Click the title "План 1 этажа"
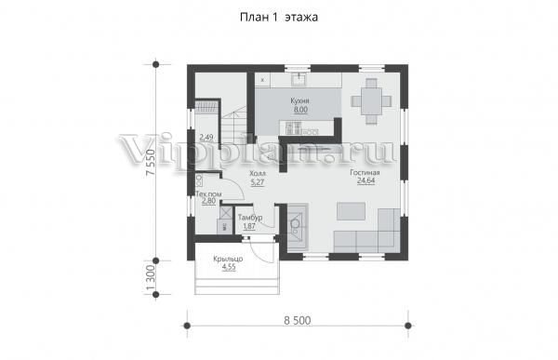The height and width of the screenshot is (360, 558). pos(279,17)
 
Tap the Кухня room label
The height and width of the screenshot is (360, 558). pos(299,101)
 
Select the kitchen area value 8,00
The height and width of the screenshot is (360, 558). pos(300,110)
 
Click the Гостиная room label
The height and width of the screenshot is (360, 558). pos(365,172)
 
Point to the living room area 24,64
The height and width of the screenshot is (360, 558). pos(365,180)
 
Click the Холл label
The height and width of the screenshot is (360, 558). pos(258,174)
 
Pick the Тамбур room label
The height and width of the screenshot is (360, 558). pos(250,218)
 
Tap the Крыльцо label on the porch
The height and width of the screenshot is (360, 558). pos(228,260)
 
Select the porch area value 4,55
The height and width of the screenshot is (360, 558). pos(229,267)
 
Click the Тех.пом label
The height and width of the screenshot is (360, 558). pos(209,194)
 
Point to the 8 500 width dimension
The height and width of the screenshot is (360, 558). pos(298,321)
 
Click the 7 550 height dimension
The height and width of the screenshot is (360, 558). pos(151,162)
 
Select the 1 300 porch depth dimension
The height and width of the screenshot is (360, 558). pos(151,278)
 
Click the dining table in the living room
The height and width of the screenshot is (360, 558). pos(371,101)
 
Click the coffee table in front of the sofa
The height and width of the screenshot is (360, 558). pos(351,211)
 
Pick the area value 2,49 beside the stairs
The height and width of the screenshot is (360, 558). pos(206,137)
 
